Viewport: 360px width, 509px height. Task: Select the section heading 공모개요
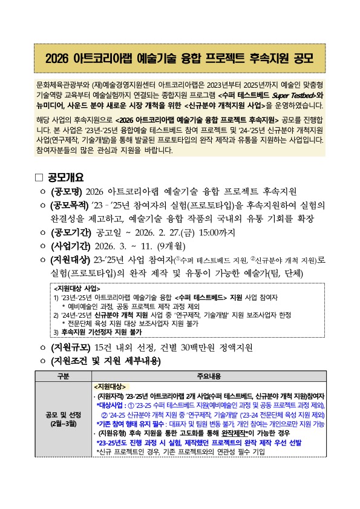66,177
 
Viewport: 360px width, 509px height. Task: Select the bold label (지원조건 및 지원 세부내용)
107,361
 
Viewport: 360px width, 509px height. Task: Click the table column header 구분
63,375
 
